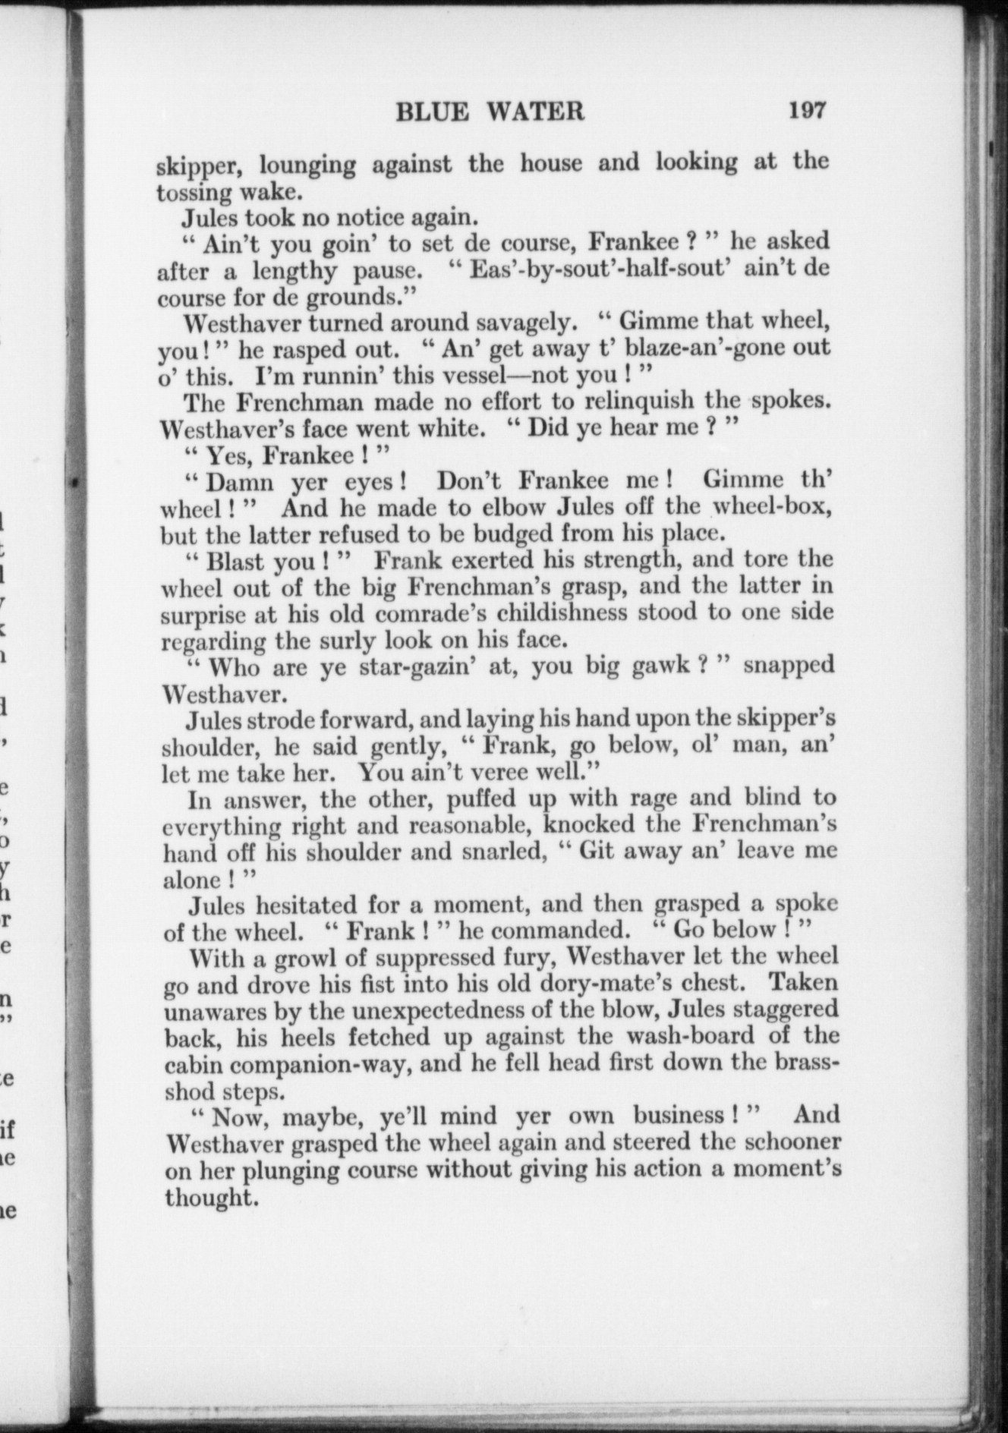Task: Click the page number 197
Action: click(806, 111)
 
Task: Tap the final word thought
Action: click(208, 1199)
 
